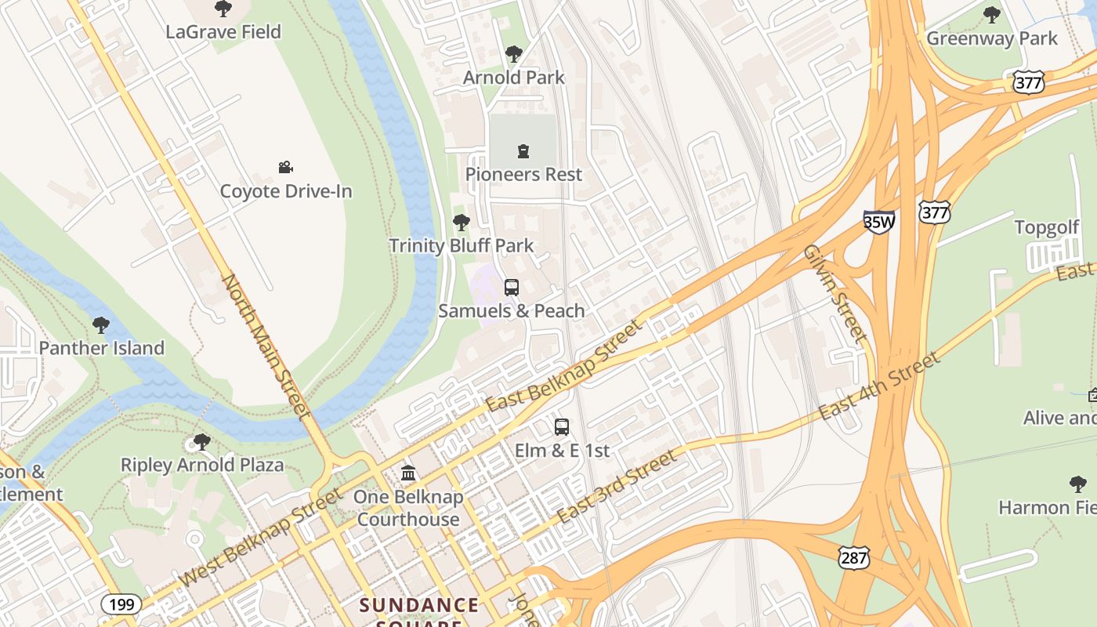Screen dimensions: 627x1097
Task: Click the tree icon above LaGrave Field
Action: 223,9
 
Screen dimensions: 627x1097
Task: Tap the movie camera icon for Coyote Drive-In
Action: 286,167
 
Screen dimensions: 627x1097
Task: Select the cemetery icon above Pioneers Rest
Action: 523,150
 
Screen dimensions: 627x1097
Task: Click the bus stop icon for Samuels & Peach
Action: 512,288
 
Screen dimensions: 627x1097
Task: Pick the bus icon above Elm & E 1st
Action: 562,427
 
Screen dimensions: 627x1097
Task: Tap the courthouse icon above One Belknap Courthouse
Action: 408,473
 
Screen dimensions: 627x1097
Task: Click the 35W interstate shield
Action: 879,222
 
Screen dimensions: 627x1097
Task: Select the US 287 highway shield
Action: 853,557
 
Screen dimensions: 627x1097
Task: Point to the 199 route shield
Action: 121,604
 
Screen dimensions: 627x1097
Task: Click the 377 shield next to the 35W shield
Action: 935,212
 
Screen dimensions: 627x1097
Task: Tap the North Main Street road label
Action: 268,346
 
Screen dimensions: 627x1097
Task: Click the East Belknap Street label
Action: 564,366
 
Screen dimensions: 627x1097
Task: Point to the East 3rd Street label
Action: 617,487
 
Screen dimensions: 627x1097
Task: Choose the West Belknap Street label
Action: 261,537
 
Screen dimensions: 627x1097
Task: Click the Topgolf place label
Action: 1047,227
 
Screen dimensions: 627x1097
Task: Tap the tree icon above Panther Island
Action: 100,325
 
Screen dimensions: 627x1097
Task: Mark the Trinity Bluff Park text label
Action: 461,245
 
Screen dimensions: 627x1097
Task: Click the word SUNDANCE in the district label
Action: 419,605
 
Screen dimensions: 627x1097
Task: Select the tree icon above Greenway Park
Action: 992,15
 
